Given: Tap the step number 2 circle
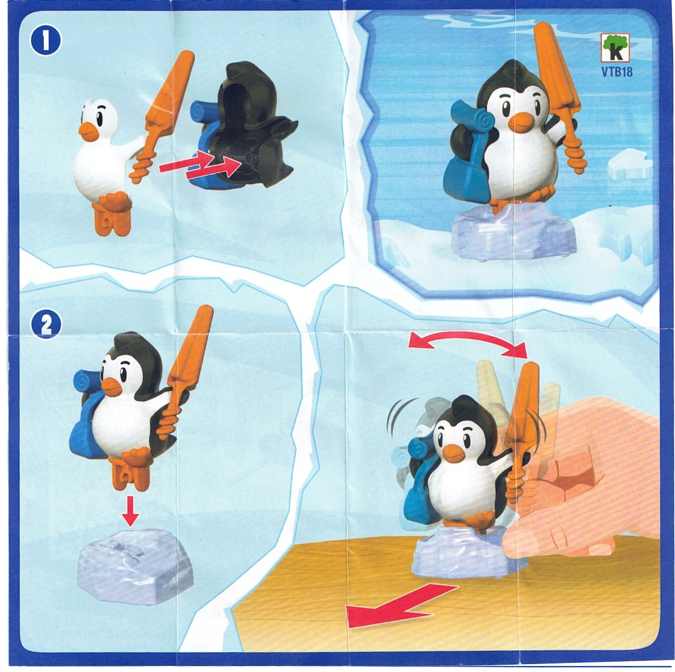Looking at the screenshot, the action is pyautogui.click(x=46, y=324).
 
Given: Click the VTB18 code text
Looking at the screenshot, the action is pyautogui.click(x=617, y=71).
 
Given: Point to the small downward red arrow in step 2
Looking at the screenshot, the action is pyautogui.click(x=130, y=510).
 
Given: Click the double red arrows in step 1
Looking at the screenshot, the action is pyautogui.click(x=200, y=165).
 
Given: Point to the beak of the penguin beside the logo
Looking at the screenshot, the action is pyautogui.click(x=522, y=121).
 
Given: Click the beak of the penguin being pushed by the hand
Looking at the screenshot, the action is pyautogui.click(x=454, y=453).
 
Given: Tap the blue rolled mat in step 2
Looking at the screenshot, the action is pyautogui.click(x=88, y=379).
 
